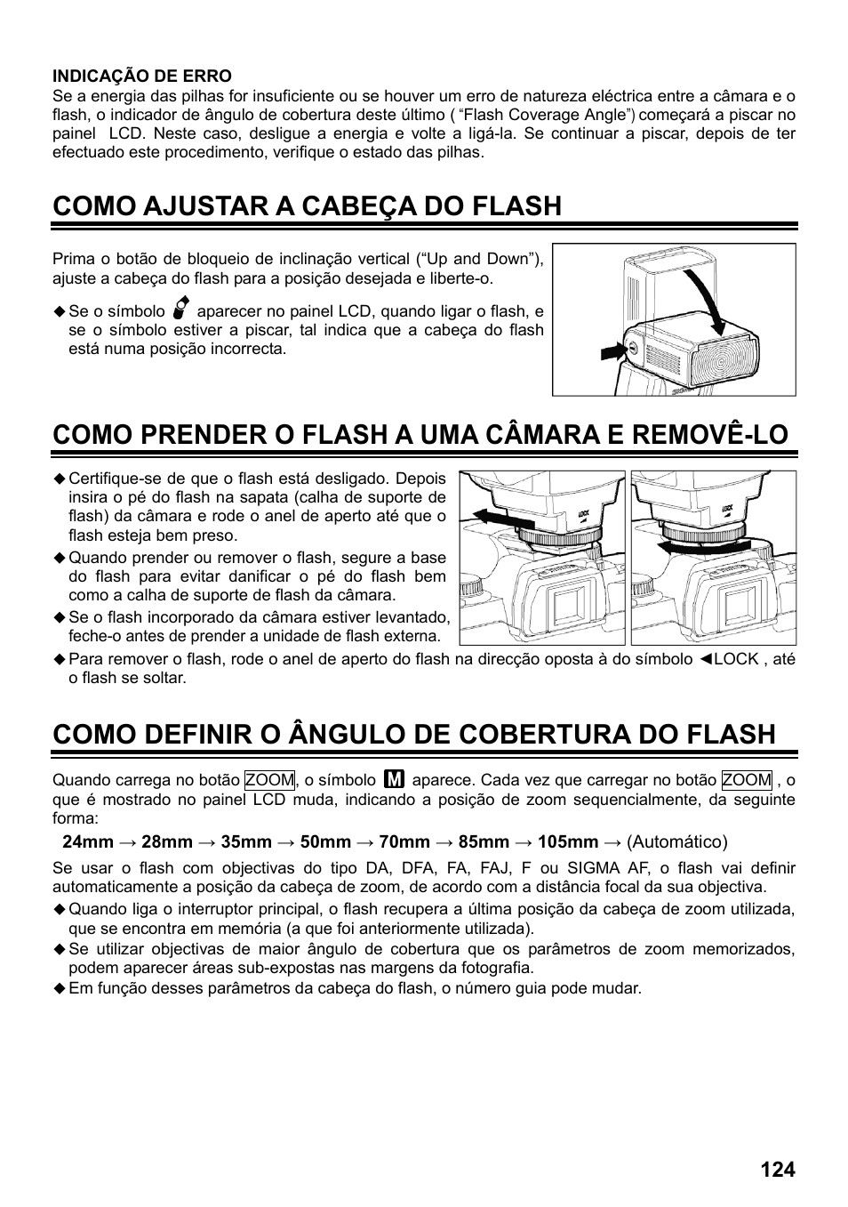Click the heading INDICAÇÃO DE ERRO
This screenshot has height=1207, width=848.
coord(142,76)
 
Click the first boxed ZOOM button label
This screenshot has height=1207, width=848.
coord(269,780)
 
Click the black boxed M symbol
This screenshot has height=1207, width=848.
coord(395,780)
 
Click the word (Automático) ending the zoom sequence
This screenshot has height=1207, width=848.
coord(677,841)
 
